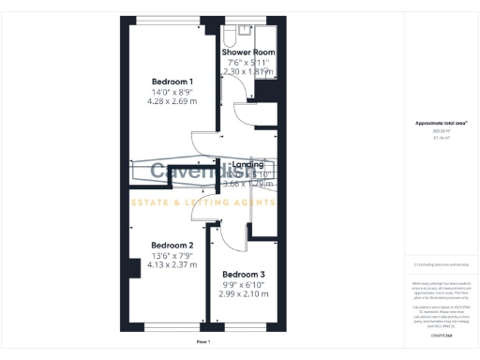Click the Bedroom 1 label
point(172,82)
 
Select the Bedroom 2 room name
point(172,244)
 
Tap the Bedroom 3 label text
point(243,274)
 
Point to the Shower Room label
point(247,51)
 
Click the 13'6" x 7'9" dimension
point(172,255)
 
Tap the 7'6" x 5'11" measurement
point(247,61)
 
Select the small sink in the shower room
point(229,31)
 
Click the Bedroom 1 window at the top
point(172,19)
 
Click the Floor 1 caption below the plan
point(202,343)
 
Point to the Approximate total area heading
point(435,123)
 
